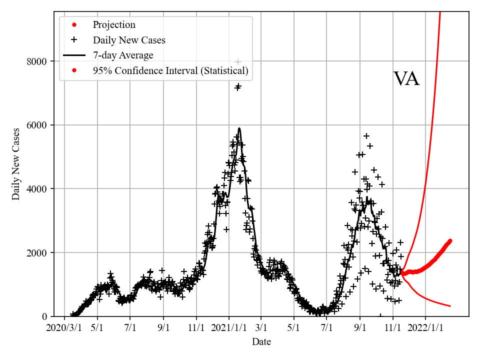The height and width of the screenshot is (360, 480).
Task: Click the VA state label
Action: pos(406,79)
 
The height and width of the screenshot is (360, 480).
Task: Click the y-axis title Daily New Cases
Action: pos(16,164)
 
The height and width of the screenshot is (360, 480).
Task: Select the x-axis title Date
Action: pos(261,342)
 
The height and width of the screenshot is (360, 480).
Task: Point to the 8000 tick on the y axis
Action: pos(37,61)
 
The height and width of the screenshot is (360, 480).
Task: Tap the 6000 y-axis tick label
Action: pos(37,125)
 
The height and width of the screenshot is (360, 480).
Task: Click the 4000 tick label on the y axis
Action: pos(37,189)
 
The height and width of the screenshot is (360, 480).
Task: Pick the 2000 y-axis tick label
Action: pos(37,252)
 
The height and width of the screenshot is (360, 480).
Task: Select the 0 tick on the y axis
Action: pos(45,316)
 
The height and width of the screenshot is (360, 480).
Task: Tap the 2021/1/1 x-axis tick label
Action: pos(229,328)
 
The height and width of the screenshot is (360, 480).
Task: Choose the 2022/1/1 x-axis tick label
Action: pos(426,328)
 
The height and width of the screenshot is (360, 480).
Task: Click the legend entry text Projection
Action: pos(114,25)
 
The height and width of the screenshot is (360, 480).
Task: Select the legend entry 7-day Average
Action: pos(123,55)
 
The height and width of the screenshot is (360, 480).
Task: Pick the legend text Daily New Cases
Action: pos(129,40)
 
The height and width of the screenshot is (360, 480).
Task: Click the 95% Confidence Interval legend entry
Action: pos(170,71)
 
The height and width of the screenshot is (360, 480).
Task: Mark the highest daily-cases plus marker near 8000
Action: pos(238,62)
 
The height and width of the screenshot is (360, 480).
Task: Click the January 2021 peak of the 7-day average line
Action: pos(239,128)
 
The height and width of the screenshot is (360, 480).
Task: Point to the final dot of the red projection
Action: pos(450,240)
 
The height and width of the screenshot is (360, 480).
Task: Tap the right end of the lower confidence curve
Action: pos(450,306)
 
